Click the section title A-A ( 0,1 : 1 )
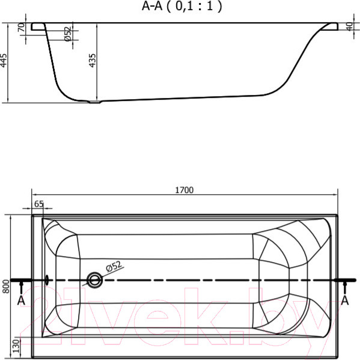point(182,6)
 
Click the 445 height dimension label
point(4,61)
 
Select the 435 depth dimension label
point(93,61)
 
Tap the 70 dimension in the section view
point(22,27)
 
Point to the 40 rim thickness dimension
point(349,26)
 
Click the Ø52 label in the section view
point(67,34)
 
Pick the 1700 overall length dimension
point(184,190)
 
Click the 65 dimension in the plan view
point(38,204)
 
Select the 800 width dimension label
point(6,286)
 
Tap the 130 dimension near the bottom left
point(16,346)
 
